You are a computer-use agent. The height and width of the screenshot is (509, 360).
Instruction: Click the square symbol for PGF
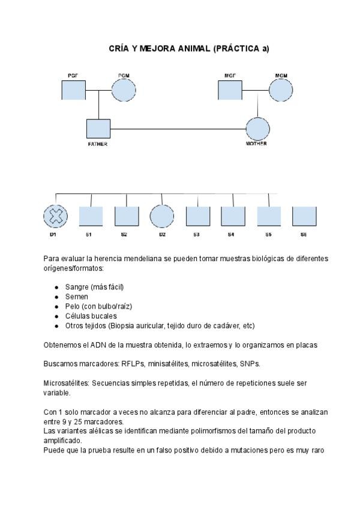(x=73, y=91)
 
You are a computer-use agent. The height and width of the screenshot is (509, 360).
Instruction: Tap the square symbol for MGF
(x=229, y=91)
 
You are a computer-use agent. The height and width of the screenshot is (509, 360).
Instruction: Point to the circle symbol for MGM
(x=280, y=91)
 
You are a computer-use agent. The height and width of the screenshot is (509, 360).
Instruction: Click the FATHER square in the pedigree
(x=98, y=130)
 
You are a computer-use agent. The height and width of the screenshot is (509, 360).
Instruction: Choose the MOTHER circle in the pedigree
(x=257, y=129)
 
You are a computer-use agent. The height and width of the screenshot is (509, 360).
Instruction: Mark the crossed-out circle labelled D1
(x=55, y=216)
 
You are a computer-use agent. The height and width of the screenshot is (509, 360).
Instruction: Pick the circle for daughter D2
(x=161, y=216)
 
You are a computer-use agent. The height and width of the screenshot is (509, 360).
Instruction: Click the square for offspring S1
(x=91, y=216)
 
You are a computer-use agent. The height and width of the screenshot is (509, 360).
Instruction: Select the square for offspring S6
(x=304, y=216)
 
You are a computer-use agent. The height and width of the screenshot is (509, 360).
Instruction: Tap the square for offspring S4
(x=233, y=216)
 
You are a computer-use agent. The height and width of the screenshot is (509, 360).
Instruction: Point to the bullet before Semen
(x=56, y=297)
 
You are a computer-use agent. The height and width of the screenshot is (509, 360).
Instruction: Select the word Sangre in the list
(x=77, y=287)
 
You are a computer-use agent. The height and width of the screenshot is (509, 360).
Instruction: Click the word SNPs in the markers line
(x=250, y=364)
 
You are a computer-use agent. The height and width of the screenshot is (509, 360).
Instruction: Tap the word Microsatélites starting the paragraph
(x=66, y=383)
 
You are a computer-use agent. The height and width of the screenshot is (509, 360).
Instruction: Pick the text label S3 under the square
(x=196, y=235)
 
